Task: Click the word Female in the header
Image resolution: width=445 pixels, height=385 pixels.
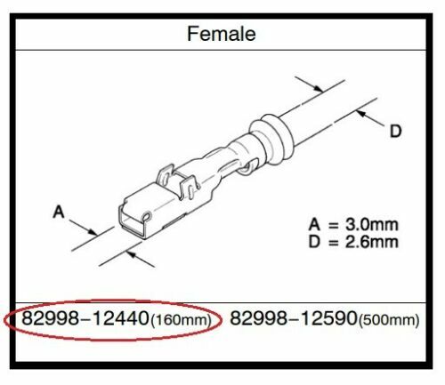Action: tap(222, 35)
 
